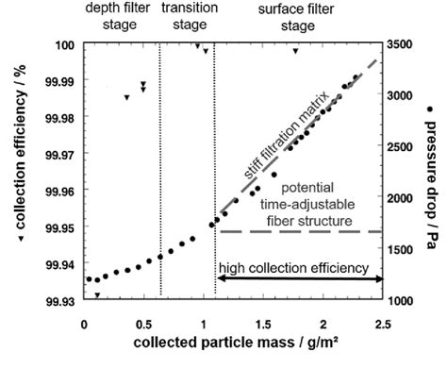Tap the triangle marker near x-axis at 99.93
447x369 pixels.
point(97,295)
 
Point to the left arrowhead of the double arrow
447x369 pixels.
point(220,279)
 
